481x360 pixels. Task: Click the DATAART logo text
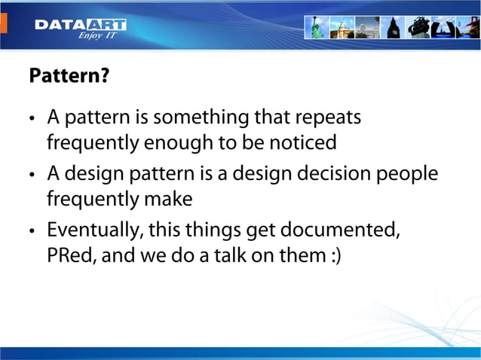(80, 25)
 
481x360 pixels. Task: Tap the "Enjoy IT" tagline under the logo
(96, 35)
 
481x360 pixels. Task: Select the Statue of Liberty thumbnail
(316, 27)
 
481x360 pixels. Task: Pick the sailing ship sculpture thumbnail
(418, 27)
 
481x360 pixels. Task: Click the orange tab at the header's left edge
(2, 23)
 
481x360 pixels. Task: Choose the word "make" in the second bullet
(170, 199)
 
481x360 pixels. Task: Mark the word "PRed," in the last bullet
(71, 255)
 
